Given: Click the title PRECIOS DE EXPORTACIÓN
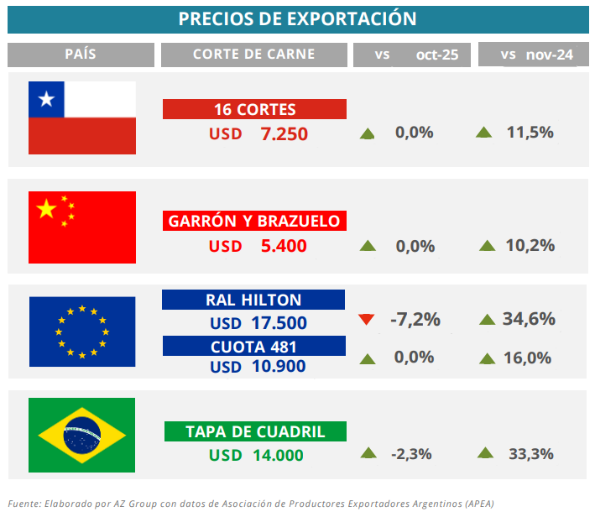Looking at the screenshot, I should point(298,18).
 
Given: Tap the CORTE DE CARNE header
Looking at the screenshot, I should point(253,55).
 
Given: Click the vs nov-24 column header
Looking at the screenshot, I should point(532,55).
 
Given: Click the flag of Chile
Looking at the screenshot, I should point(82,117).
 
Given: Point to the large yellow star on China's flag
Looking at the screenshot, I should point(46,209).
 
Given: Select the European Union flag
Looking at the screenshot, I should point(82,332).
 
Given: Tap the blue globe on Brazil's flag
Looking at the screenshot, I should point(82,435).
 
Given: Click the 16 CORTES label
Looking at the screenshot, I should point(254,110).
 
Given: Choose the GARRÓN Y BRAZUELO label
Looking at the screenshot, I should point(254,222).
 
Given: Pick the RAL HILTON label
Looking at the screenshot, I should point(253,300).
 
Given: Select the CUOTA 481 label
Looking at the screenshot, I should point(253,346).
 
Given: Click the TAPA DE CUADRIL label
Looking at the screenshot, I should point(255,432).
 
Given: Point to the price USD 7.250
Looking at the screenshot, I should point(258,133).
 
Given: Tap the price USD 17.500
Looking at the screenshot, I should point(258,323).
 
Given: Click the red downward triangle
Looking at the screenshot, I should point(365,319).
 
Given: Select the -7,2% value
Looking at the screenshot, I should point(415,320).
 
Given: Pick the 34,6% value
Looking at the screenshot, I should point(529,319).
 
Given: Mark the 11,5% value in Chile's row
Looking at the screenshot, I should point(530,132).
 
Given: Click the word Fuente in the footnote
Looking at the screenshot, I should point(24,503).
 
